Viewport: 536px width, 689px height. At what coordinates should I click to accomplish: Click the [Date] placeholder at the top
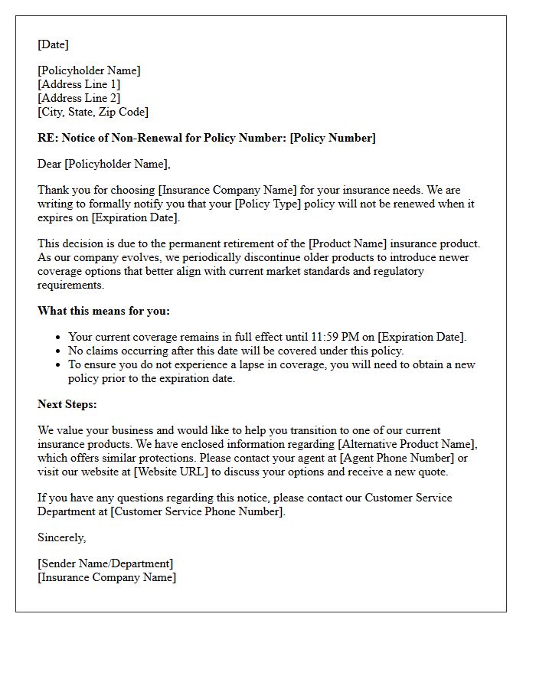(53, 44)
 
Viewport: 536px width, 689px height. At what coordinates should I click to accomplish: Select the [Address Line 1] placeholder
(79, 84)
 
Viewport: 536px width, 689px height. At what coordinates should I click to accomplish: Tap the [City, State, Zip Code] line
(93, 112)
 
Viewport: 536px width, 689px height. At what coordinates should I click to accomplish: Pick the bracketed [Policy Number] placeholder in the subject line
(332, 138)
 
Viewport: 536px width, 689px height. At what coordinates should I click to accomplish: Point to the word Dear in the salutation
(50, 164)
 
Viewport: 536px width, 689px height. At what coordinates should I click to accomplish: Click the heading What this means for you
(103, 311)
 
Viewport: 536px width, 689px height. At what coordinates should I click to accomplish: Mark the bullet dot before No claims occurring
(59, 351)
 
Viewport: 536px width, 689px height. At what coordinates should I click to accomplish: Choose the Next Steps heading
(67, 404)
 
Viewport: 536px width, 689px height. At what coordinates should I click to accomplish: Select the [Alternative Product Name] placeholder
(410, 444)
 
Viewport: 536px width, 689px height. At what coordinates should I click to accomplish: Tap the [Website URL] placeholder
(171, 472)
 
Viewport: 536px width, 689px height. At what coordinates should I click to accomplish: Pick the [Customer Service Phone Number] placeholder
(198, 511)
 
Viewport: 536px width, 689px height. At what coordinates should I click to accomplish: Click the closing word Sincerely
(62, 537)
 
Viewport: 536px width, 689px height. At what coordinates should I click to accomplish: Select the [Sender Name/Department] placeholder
(105, 563)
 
